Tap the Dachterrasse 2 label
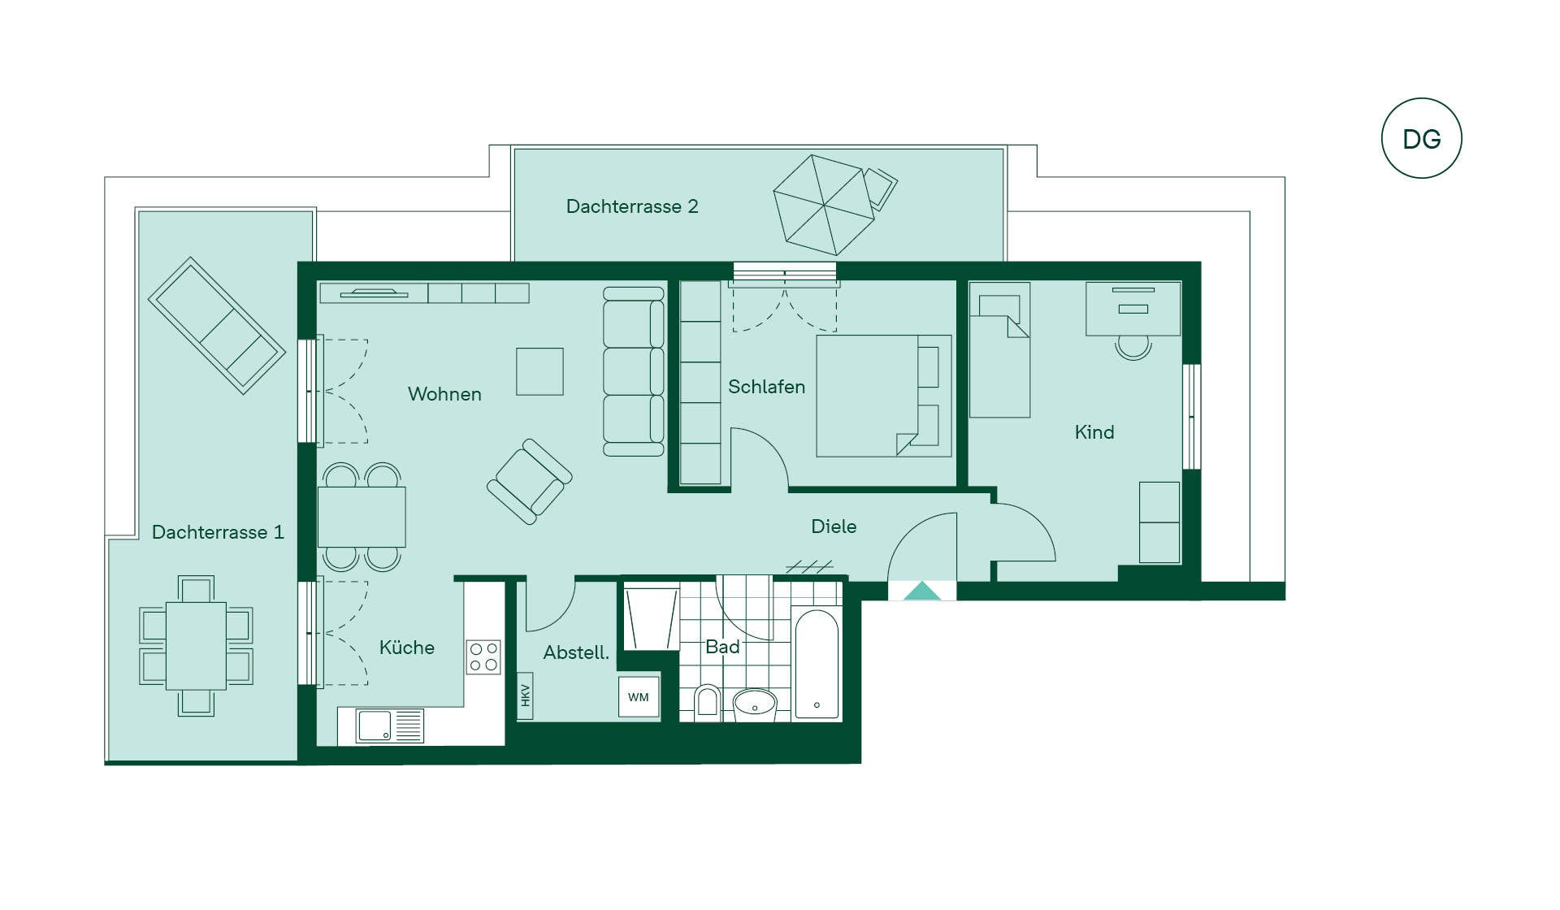coord(632,206)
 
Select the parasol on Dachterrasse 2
coord(824,205)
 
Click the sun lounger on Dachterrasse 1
coord(217,326)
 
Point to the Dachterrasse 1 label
coord(218,532)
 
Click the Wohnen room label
coord(444,394)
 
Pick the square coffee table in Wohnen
coord(539,371)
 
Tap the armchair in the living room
coord(529,482)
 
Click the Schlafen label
coord(766,387)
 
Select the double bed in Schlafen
coord(884,396)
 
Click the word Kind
coord(1094,432)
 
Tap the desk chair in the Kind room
coord(1133,347)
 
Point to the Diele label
coord(834,526)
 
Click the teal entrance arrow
coord(922,591)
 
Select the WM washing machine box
coord(639,697)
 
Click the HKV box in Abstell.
coord(525,695)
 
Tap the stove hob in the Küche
coord(483,657)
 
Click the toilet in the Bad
coord(707,703)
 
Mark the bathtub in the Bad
coord(817,665)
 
